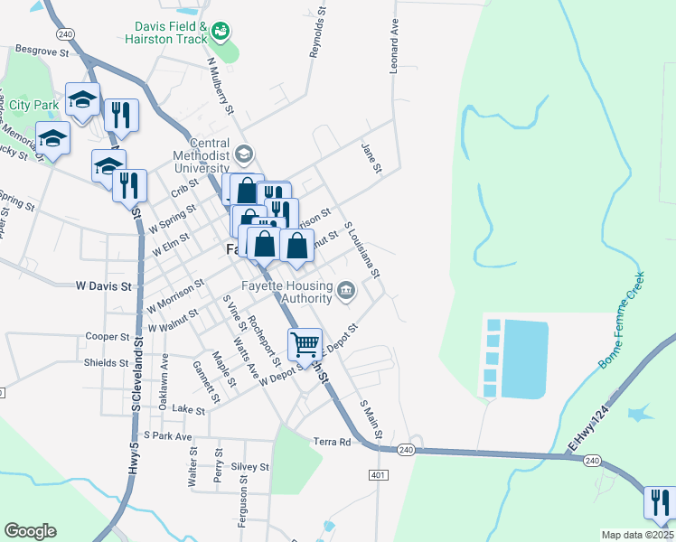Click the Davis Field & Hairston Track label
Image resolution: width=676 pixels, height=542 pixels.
(x=171, y=34)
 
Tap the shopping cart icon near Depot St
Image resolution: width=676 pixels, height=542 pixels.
(x=305, y=343)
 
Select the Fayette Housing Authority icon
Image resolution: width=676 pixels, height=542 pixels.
(x=345, y=290)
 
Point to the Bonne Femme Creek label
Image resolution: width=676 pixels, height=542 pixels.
(x=622, y=321)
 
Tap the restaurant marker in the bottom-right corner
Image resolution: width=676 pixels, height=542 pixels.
(x=660, y=502)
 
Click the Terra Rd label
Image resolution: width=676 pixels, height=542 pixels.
(x=332, y=442)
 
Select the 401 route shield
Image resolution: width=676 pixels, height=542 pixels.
(x=378, y=474)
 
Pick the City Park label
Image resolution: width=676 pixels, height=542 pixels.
(x=33, y=106)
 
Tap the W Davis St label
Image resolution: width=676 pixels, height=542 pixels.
(x=103, y=285)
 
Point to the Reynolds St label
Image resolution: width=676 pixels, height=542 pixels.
(x=316, y=36)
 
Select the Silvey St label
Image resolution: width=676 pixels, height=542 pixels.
(x=249, y=466)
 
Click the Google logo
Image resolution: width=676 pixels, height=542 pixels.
(x=30, y=531)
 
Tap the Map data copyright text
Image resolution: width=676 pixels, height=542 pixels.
(x=638, y=535)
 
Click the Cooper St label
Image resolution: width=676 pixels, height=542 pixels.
(x=108, y=336)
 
